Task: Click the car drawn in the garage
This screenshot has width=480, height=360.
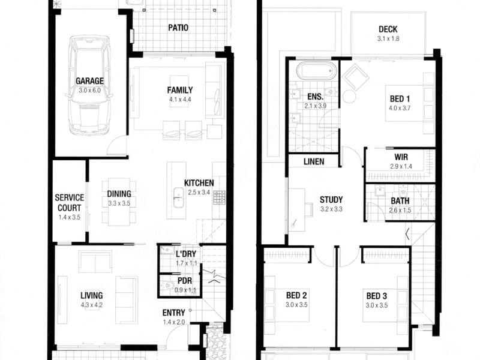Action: point(89,84)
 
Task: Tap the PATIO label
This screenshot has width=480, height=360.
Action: point(178,28)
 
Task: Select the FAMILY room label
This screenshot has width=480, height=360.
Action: point(180,90)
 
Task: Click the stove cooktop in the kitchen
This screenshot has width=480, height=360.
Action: point(219,197)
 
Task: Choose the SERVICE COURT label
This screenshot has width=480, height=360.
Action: point(70,202)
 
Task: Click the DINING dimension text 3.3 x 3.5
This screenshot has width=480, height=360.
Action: point(119,203)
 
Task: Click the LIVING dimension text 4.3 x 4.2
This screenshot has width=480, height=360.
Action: point(92,305)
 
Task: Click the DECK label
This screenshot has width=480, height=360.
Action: point(388,29)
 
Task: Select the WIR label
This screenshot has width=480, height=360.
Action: point(401,155)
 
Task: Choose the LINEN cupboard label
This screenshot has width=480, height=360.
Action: point(314,161)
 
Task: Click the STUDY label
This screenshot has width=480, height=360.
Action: point(331,200)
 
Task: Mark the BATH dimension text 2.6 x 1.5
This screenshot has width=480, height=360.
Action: point(400,210)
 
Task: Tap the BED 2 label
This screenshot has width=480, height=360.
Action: point(296,295)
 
